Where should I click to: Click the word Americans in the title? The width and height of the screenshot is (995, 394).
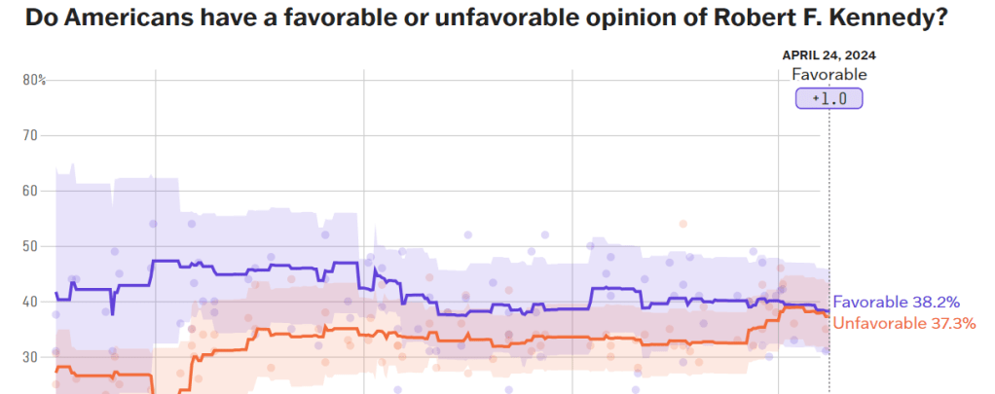click(121, 20)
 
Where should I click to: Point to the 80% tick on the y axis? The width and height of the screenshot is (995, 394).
click(34, 80)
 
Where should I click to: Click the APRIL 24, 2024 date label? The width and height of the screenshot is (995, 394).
click(829, 55)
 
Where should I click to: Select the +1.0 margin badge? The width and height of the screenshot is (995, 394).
click(829, 98)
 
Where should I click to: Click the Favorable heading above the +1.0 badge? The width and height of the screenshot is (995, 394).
click(829, 75)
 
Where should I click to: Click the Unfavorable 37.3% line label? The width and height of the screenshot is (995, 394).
click(904, 323)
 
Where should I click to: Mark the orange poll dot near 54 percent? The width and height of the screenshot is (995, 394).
click(682, 224)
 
